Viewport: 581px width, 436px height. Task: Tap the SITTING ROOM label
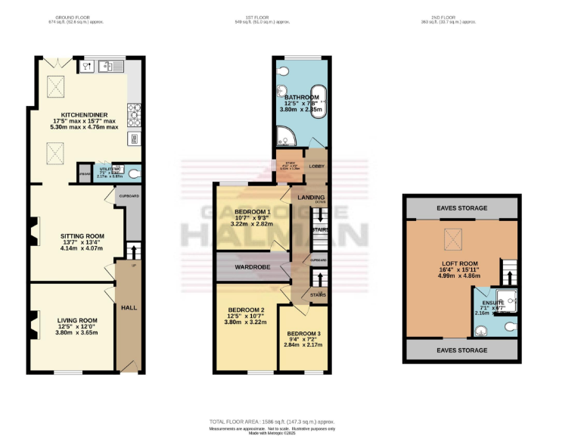click(82, 236)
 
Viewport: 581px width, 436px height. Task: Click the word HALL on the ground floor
click(129, 307)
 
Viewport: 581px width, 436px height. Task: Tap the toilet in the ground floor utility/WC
click(133, 173)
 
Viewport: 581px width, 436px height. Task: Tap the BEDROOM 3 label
click(303, 334)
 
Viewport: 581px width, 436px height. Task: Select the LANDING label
click(311, 198)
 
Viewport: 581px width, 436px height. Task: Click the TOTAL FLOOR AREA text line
click(272, 421)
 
